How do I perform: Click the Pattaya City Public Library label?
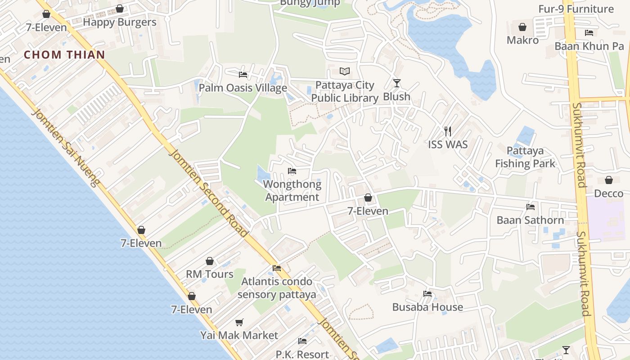[345, 91]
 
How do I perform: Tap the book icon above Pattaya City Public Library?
[345, 72]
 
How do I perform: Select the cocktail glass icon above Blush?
[396, 83]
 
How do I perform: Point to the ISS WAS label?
[448, 144]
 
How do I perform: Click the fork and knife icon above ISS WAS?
[448, 131]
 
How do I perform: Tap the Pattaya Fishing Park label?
[525, 157]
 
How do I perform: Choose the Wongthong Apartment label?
[292, 190]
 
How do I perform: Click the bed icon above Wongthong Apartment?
[292, 171]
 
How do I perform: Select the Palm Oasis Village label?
[243, 88]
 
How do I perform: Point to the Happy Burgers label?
[120, 22]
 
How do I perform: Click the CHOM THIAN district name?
[64, 55]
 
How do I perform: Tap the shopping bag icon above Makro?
[522, 27]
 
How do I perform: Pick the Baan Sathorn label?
[530, 220]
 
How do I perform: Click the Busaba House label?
[427, 307]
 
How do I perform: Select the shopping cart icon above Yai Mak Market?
[239, 322]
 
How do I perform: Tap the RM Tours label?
[210, 274]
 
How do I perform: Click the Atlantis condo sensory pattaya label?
[277, 288]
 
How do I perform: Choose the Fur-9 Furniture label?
[576, 9]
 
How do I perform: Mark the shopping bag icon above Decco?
[609, 180]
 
